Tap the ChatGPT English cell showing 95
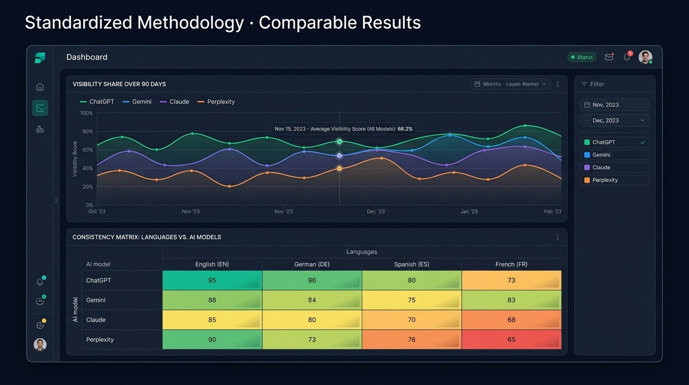[212, 280]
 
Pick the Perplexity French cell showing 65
[511, 339]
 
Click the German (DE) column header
[311, 264]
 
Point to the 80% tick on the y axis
[88, 131]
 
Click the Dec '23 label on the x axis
[376, 212]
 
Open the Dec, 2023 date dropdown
[614, 120]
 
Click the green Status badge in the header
[582, 57]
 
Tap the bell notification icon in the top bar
[626, 57]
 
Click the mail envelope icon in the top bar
[609, 57]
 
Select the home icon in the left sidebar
[40, 87]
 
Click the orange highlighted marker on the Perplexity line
[339, 168]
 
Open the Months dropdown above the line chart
[510, 84]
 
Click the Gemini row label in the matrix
[96, 300]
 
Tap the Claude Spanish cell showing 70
[412, 320]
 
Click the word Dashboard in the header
[87, 57]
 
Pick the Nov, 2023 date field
[614, 105]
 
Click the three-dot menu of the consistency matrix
[558, 237]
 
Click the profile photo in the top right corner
[645, 57]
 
